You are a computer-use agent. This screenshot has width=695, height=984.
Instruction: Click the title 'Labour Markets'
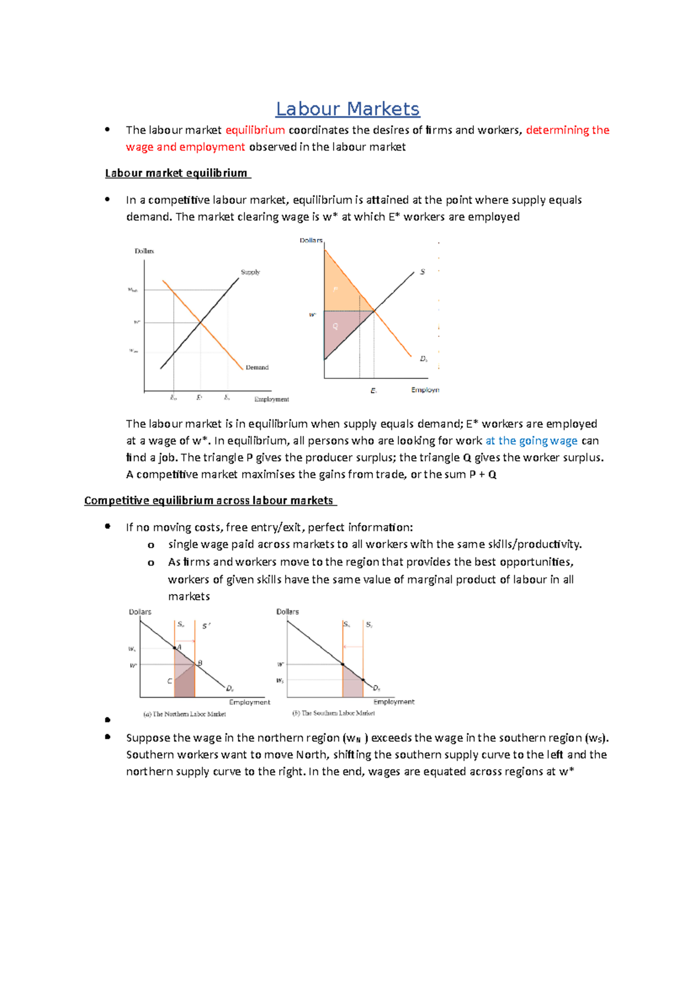[x=348, y=109]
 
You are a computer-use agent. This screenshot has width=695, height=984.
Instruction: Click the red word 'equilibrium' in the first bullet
[x=255, y=130]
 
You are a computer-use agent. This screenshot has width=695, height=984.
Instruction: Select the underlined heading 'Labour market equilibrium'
[x=177, y=173]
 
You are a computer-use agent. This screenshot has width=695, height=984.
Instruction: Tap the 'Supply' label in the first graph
[x=250, y=272]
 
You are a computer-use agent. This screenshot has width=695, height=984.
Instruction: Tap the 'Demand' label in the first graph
[x=257, y=367]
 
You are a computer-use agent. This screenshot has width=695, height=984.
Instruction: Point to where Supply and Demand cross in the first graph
[x=200, y=321]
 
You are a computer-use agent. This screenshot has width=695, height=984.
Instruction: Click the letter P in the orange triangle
[x=335, y=289]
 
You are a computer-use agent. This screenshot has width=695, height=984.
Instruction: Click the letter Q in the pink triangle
[x=335, y=327]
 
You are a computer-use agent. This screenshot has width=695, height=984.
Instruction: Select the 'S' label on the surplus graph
[x=422, y=272]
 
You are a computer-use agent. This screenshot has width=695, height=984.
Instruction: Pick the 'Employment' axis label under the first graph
[x=271, y=399]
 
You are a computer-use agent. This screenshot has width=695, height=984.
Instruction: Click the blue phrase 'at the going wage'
[x=531, y=441]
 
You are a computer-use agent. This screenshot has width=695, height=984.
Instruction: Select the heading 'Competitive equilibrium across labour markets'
[x=209, y=501]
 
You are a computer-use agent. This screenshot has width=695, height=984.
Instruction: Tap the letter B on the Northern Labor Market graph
[x=200, y=663]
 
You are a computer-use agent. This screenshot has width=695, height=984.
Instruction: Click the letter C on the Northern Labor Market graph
[x=170, y=681]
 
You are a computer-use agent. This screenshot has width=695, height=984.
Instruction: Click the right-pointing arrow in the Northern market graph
[x=185, y=641]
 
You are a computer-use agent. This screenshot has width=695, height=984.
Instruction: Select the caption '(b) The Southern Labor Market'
[x=334, y=713]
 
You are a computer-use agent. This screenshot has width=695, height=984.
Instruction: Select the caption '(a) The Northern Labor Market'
[x=184, y=714]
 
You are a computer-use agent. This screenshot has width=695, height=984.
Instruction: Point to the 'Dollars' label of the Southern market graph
[x=287, y=612]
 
